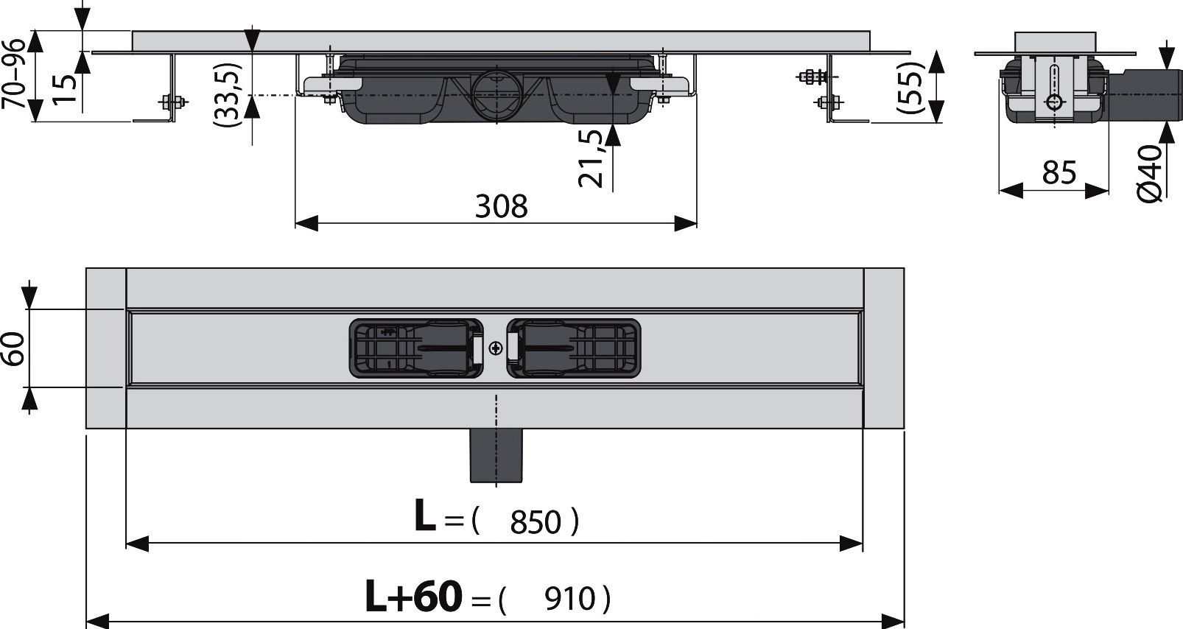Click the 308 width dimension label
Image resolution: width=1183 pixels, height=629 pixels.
(501, 206)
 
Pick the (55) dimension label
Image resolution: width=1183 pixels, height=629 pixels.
(910, 87)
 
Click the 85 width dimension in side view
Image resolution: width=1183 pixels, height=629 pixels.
(1059, 173)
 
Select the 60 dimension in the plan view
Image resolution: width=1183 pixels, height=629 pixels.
(14, 348)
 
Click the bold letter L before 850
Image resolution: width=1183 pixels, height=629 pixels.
(425, 517)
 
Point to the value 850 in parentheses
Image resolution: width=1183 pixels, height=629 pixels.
(536, 523)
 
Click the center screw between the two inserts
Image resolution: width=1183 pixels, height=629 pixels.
(495, 348)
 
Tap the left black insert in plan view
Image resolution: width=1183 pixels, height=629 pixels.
(415, 348)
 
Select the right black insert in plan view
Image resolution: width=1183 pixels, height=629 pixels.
(574, 348)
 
